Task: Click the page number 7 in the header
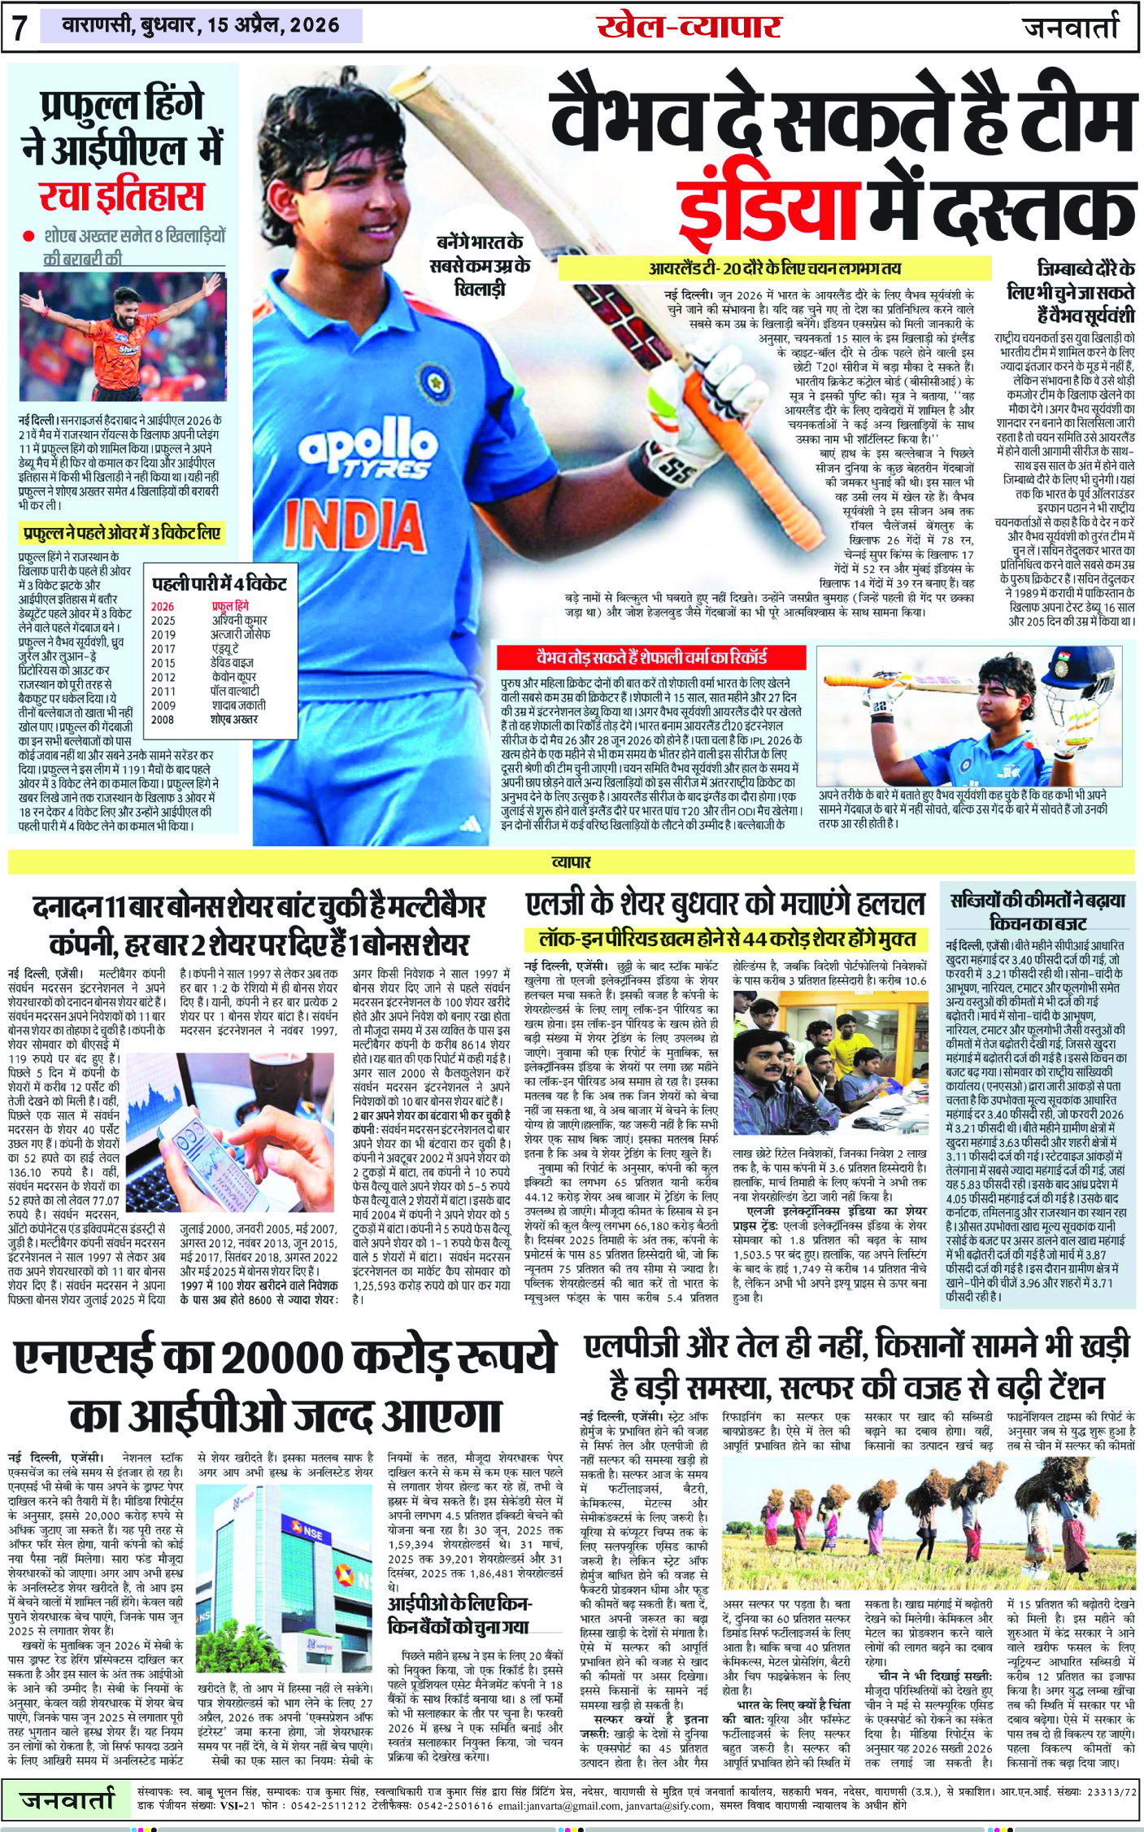tap(20, 27)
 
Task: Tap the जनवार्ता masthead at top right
tap(1071, 27)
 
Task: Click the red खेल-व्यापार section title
tap(689, 27)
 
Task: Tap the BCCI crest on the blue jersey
tap(433, 378)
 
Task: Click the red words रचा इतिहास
tap(121, 196)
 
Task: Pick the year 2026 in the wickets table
tap(163, 606)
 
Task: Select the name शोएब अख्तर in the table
tap(234, 719)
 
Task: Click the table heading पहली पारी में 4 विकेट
tap(220, 584)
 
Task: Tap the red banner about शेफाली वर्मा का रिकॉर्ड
tap(651, 657)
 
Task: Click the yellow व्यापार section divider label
tap(571, 861)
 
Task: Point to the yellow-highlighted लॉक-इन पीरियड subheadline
tap(728, 939)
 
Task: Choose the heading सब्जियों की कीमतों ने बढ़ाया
tap(1037, 901)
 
